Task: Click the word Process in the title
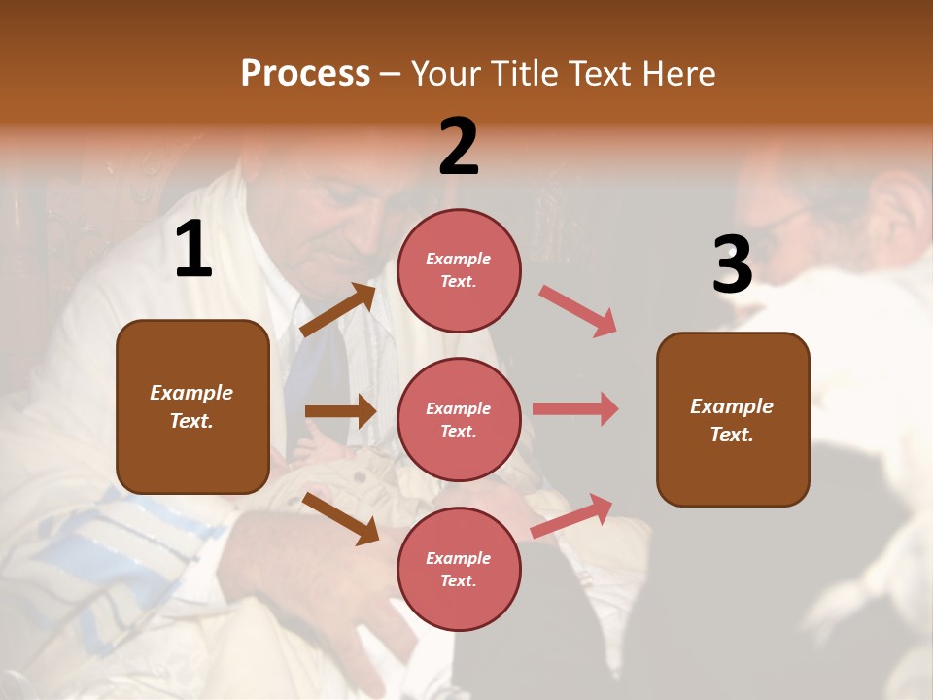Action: (x=305, y=74)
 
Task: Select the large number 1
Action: (x=193, y=250)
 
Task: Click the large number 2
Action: (x=459, y=147)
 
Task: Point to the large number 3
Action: (x=732, y=264)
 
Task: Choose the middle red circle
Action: (x=459, y=419)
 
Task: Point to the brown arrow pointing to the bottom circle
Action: (x=340, y=518)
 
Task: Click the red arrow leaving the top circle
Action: (x=578, y=311)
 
